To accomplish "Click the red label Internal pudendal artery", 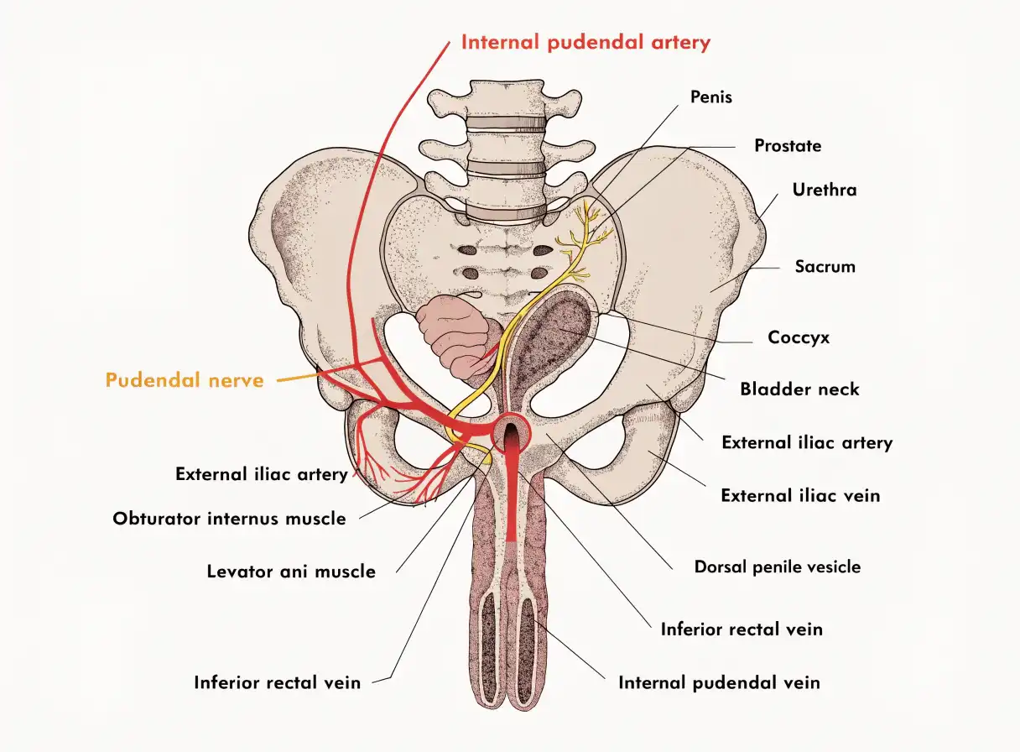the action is point(585,43).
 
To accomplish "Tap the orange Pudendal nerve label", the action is point(185,380).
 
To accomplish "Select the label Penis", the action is point(711,97).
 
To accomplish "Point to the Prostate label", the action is point(788,146).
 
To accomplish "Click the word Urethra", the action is point(825,190).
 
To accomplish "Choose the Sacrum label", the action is point(825,266).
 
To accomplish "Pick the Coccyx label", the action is point(799,337).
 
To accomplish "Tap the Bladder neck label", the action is point(799,389).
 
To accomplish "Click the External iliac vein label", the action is point(800,495).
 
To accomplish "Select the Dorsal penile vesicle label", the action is point(778,567).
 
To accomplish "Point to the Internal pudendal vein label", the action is point(719,683).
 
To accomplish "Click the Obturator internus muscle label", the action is point(229,519).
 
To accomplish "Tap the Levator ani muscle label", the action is point(291,572).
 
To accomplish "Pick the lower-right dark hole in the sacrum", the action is point(539,274).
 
